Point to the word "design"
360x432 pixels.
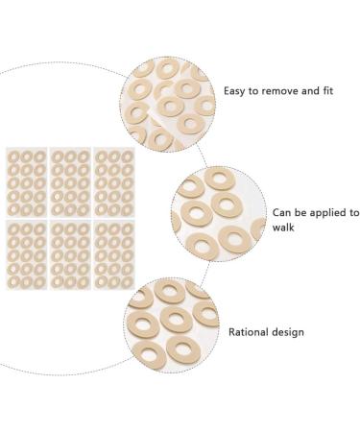pyautogui.click(x=288, y=332)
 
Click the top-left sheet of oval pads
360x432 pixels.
pyautogui.click(x=26, y=182)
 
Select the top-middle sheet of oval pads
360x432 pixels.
pyautogui.click(x=70, y=182)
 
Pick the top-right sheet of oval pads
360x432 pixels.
pyautogui.click(x=113, y=182)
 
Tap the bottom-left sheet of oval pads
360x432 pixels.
pyautogui.click(x=26, y=256)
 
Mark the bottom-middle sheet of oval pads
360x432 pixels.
pyautogui.click(x=70, y=256)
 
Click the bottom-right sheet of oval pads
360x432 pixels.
pyautogui.click(x=113, y=256)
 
